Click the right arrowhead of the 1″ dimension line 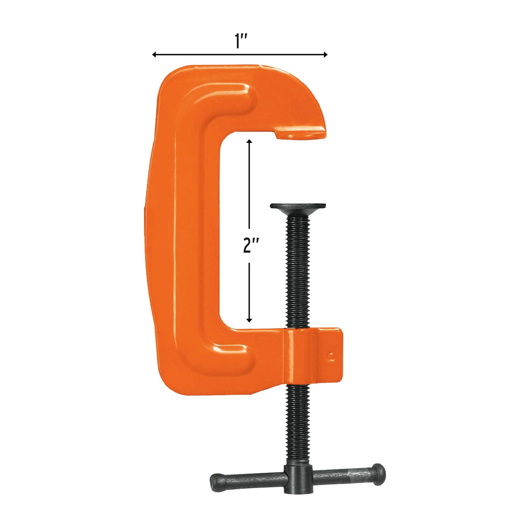pos(324,54)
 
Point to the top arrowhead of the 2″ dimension pos(249,142)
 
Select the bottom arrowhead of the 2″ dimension pos(249,320)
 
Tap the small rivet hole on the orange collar pos(331,356)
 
